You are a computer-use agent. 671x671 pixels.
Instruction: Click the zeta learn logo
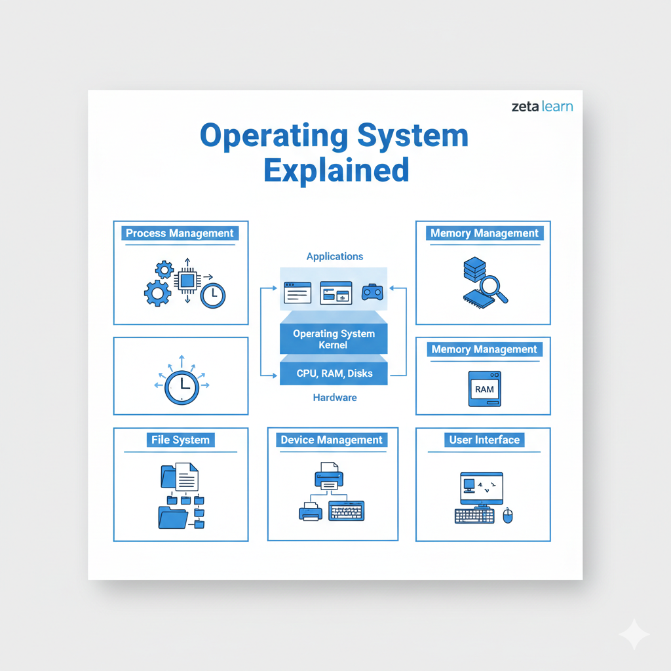point(542,106)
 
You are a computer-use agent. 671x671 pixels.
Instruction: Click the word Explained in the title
point(336,170)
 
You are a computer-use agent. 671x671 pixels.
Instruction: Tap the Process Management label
point(180,233)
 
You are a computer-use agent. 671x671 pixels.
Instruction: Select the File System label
point(181,440)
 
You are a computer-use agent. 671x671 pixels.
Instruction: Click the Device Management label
point(332,440)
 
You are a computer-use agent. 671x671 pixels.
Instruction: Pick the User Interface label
point(484,440)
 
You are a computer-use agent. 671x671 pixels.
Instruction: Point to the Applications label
point(335,256)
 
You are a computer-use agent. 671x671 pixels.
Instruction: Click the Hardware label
point(335,398)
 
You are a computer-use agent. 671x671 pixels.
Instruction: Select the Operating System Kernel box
point(334,339)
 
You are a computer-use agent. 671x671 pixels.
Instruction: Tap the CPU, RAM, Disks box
point(334,373)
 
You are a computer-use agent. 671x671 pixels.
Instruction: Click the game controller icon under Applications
point(372,292)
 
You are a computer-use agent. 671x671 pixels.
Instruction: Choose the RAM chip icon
point(484,389)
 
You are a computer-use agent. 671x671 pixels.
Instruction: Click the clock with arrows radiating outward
point(182,387)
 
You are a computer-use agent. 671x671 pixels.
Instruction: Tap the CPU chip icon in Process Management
point(187,280)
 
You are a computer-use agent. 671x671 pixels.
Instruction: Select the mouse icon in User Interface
point(508,516)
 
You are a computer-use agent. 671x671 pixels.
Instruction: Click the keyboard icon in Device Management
point(346,511)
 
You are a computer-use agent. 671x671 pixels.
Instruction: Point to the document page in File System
point(187,477)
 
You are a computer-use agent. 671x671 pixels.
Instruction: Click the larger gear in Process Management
point(157,293)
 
